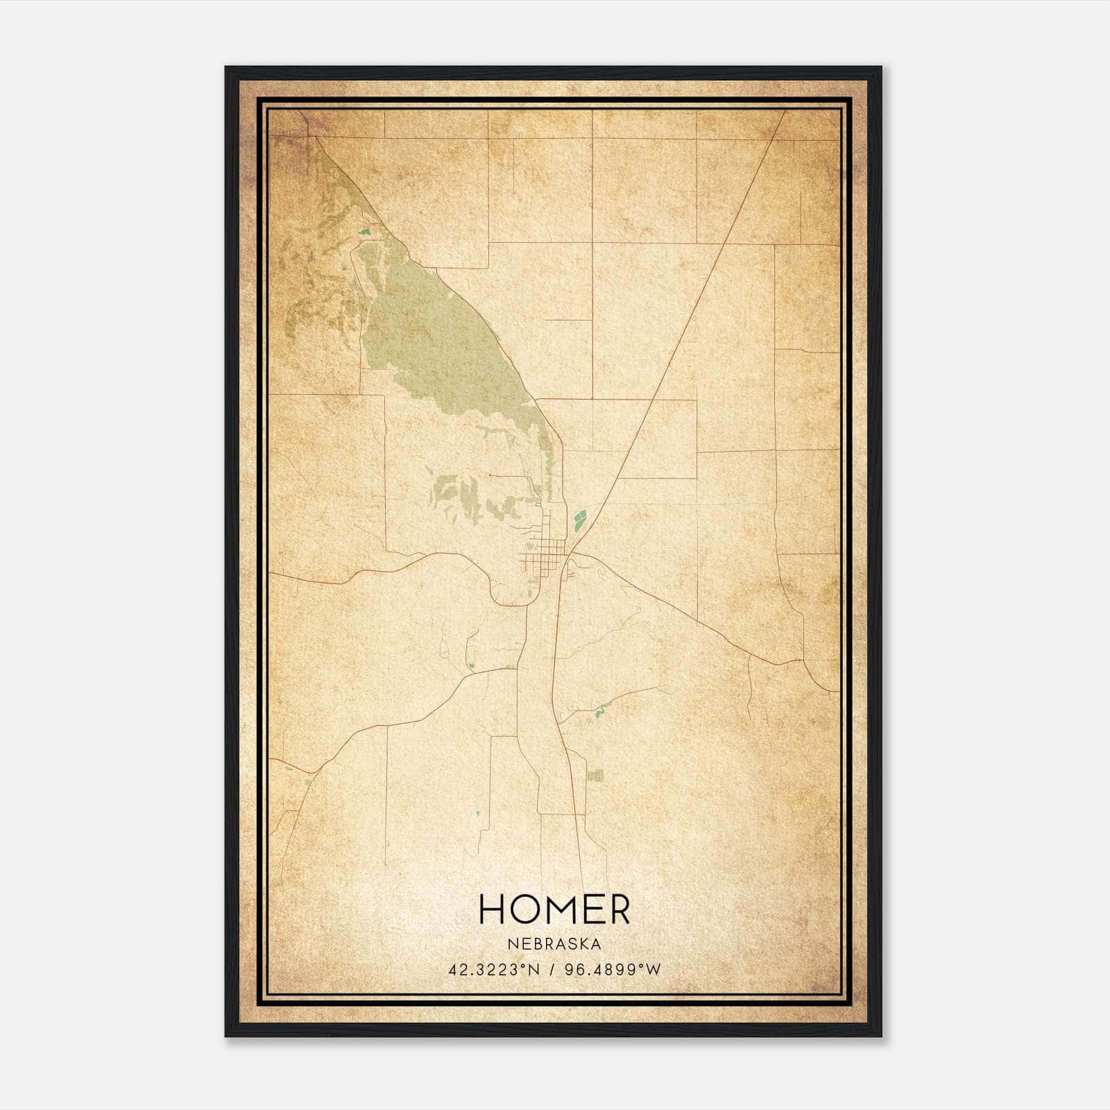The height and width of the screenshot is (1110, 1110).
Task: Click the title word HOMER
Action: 554,910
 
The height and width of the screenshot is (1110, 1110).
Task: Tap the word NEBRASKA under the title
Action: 554,944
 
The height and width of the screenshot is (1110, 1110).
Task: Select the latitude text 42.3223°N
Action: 494,970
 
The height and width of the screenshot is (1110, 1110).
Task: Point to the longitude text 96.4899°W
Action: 613,970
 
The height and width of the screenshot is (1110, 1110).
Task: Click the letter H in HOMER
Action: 491,910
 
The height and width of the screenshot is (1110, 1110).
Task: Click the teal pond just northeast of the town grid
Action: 578,519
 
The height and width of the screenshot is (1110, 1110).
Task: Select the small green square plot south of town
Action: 595,776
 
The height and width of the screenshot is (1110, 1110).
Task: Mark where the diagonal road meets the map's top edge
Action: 785,111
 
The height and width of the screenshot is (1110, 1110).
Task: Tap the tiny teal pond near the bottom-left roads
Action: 477,813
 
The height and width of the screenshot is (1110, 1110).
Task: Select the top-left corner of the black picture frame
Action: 226,67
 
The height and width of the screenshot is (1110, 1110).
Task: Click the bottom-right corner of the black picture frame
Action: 880,1036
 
